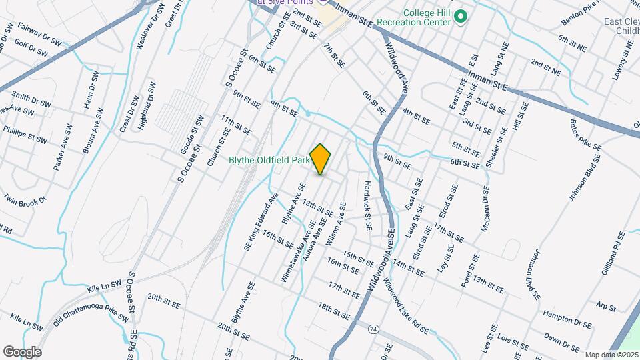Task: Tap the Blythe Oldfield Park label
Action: pyautogui.click(x=269, y=160)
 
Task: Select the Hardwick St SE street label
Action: pyautogui.click(x=367, y=207)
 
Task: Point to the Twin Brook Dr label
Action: pyautogui.click(x=26, y=199)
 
